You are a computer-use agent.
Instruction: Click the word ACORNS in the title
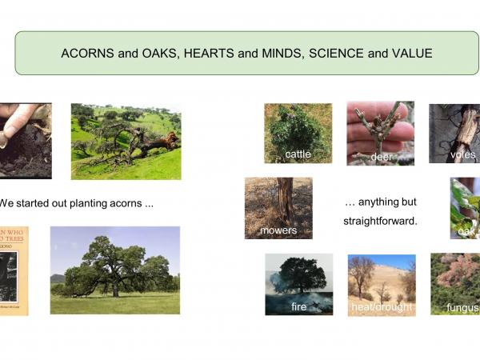84,54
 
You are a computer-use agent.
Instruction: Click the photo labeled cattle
298,133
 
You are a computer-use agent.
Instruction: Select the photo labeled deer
380,132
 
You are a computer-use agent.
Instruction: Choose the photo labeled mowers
278,207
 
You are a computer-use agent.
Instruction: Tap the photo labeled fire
298,283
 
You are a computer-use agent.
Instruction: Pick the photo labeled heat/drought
382,284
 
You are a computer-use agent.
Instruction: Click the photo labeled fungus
456,283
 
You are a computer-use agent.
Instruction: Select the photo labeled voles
455,133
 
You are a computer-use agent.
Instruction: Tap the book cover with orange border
14,270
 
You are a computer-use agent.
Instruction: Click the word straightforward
380,220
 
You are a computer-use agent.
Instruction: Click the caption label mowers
278,230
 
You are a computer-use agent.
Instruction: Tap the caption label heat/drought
382,307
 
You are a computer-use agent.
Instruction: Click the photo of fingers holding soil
24,139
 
